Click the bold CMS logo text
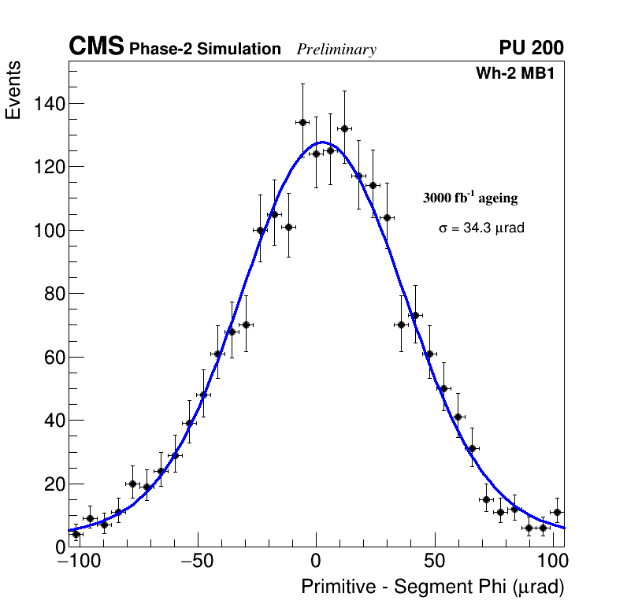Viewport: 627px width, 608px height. coord(96,47)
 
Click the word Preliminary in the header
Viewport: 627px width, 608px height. coord(336,50)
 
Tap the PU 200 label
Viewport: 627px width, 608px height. coord(532,48)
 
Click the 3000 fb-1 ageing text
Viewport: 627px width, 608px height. coord(470,198)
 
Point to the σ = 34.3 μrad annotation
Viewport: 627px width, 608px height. coord(481,228)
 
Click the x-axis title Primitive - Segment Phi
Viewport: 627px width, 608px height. coord(432,587)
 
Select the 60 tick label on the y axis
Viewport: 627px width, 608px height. coord(51,357)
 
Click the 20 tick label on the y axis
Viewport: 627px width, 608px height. coord(51,484)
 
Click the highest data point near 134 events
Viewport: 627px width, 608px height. coord(302,122)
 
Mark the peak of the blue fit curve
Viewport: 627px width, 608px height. coord(321,143)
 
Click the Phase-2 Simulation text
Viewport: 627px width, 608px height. coord(205,50)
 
